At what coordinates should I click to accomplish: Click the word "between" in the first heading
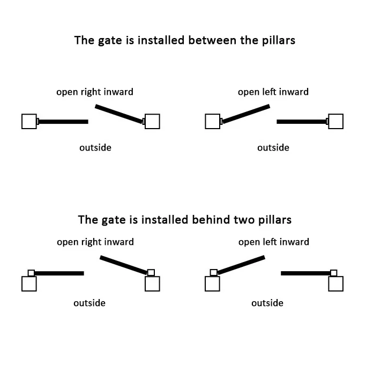pyautogui.click(x=212, y=40)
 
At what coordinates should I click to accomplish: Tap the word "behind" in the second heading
pyautogui.click(x=211, y=220)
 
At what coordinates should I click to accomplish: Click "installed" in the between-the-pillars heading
pyautogui.click(x=161, y=40)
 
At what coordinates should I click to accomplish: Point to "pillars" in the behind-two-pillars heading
pyautogui.click(x=275, y=220)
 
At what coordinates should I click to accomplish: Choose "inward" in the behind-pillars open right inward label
pyautogui.click(x=119, y=242)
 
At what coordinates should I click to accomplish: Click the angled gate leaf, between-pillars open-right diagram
pyautogui.click(x=119, y=114)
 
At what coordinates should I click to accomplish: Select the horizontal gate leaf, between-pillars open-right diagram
pyautogui.click(x=63, y=122)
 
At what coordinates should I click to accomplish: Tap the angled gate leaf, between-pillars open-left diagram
pyautogui.click(x=246, y=114)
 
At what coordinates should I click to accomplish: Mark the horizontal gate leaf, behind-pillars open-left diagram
pyautogui.click(x=306, y=273)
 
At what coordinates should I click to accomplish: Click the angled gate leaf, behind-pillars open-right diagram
pyautogui.click(x=124, y=265)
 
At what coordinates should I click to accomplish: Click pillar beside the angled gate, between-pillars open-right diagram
pyautogui.click(x=152, y=122)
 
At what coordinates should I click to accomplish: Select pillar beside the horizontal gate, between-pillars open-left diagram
pyautogui.click(x=336, y=122)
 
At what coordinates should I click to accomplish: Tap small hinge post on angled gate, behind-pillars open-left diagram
pyautogui.click(x=214, y=273)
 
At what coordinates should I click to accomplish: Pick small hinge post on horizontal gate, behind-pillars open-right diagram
pyautogui.click(x=31, y=273)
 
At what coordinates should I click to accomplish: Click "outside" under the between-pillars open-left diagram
pyautogui.click(x=273, y=148)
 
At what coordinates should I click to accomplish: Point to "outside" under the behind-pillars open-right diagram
pyautogui.click(x=89, y=303)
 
